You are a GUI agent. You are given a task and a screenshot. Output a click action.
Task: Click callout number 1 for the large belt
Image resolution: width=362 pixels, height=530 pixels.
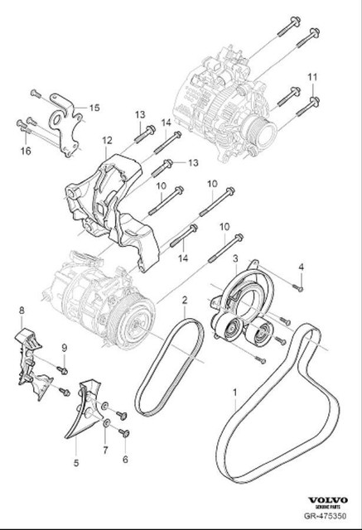point(234,392)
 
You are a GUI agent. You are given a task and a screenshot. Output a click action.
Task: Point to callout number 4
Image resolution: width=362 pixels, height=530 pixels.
point(302,267)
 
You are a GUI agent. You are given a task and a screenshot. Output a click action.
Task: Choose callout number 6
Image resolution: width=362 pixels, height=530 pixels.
point(125,459)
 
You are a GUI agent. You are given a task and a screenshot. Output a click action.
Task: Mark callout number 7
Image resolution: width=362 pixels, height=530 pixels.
point(104,450)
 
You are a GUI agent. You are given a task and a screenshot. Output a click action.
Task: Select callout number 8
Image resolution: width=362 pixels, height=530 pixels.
point(22,311)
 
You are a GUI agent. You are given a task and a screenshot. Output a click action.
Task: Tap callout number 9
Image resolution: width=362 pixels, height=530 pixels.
point(63,347)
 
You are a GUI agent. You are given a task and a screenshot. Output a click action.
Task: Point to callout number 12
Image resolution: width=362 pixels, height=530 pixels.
point(107,142)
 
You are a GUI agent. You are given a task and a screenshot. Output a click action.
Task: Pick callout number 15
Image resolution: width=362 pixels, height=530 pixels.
point(94,107)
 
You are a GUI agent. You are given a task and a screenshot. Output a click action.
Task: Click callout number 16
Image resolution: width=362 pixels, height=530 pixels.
point(26,152)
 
